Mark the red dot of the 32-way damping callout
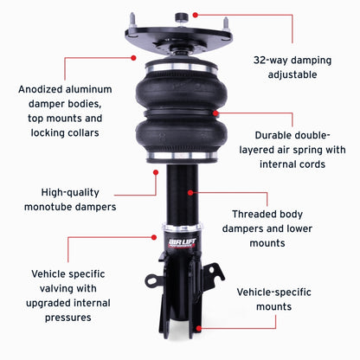click(x=196, y=15)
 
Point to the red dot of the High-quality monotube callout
click(x=157, y=171)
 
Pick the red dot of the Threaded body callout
click(x=197, y=192)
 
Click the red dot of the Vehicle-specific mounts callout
click(x=198, y=328)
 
